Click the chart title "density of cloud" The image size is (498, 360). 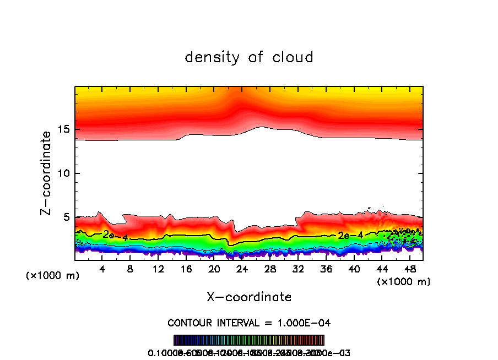[249, 57]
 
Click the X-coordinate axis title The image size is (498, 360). [249, 297]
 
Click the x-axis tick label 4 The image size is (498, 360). [102, 269]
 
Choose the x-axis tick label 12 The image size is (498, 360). [159, 269]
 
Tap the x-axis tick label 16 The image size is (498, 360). [186, 269]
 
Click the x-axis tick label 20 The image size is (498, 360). [214, 269]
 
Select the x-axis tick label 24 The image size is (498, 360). [242, 269]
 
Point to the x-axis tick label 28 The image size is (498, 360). [270, 269]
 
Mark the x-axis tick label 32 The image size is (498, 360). [298, 269]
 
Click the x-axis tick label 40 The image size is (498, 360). [354, 269]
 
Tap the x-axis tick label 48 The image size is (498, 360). [409, 269]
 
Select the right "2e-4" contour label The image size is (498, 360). [350, 236]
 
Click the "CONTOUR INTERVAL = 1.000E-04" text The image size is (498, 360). [249, 323]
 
